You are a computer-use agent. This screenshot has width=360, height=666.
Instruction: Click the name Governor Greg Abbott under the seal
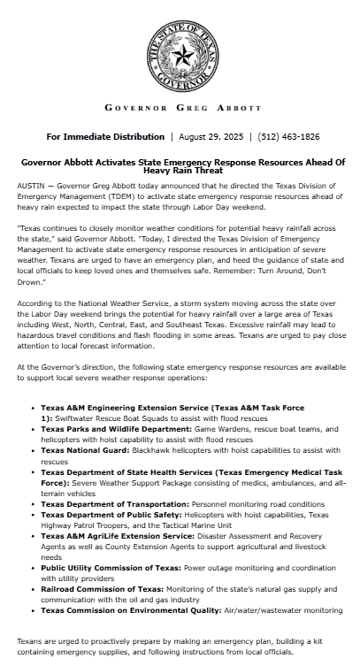pos(183,108)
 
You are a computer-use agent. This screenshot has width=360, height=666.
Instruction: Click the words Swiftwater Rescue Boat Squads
pos(114,417)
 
